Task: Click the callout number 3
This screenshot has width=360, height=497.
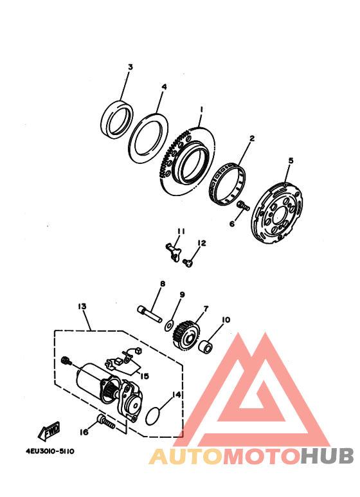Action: [x=130, y=68]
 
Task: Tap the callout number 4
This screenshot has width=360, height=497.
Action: [x=164, y=87]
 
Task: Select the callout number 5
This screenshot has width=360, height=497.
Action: [x=291, y=161]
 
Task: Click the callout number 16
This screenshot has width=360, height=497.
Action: [x=83, y=432]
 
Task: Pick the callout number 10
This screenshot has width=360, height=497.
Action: [x=226, y=320]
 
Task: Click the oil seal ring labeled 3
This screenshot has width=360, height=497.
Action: [x=118, y=117]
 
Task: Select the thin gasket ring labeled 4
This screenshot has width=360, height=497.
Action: [x=147, y=136]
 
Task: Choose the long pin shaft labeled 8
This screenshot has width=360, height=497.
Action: [x=149, y=310]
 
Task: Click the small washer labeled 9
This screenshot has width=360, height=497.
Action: [x=170, y=323]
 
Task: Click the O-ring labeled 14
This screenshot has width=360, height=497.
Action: [x=154, y=415]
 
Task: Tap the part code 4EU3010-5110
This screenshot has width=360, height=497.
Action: [x=51, y=451]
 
